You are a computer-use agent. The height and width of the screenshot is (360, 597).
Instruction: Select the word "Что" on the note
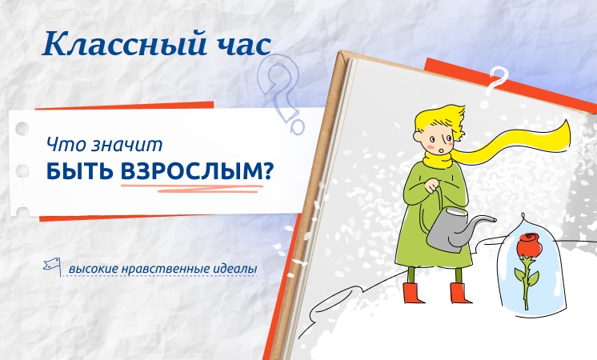pyautogui.click(x=66, y=145)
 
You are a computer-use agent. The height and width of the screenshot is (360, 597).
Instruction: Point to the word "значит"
pyautogui.click(x=126, y=145)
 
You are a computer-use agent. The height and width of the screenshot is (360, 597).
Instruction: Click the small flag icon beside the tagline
pyautogui.click(x=53, y=266)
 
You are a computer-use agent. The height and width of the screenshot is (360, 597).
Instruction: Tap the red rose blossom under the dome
pyautogui.click(x=529, y=244)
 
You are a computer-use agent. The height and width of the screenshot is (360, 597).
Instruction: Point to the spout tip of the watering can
pyautogui.click(x=495, y=219)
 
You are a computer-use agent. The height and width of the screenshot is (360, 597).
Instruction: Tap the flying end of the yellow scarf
pyautogui.click(x=563, y=133)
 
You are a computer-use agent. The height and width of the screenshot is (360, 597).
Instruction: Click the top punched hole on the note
pyautogui.click(x=22, y=129)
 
